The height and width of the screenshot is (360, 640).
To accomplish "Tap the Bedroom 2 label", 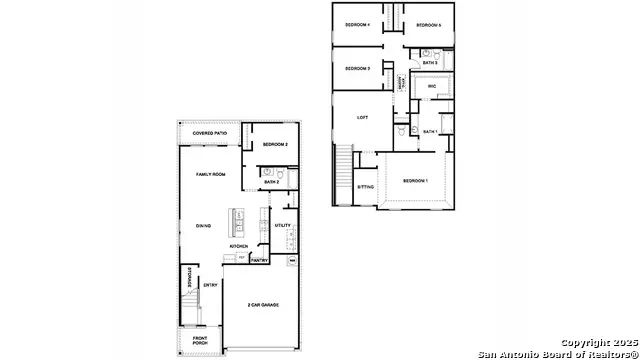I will (275, 145).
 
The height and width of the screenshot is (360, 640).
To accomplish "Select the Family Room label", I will (210, 174).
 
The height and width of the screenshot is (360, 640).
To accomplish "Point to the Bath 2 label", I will (272, 182).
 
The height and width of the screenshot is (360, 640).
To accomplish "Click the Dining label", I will (202, 225).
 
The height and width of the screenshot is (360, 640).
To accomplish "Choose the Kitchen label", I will (239, 246).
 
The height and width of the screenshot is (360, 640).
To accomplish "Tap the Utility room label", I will (283, 225).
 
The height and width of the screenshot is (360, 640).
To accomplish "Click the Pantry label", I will (258, 260).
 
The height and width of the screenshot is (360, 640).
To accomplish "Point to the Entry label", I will (211, 285).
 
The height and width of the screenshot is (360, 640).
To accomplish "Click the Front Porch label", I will (201, 342).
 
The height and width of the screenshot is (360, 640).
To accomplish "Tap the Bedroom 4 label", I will (358, 24).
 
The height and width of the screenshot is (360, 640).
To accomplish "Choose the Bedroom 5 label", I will (428, 24).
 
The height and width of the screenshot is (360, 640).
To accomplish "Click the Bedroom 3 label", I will (358, 68).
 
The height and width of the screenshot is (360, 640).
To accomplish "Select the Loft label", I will (363, 118).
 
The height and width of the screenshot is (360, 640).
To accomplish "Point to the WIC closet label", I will (432, 87).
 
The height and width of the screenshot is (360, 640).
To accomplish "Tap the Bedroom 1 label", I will (415, 181).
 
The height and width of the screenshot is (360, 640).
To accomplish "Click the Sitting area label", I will (366, 187).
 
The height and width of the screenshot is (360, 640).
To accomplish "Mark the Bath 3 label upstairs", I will (430, 63).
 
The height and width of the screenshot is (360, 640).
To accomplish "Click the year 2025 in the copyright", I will (612, 343).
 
